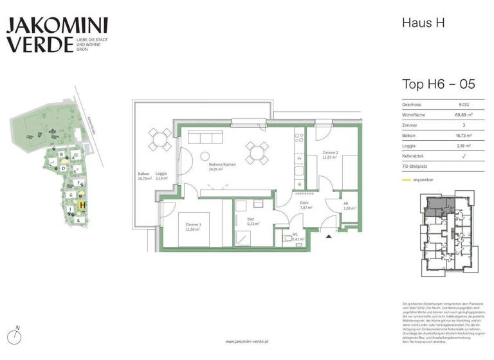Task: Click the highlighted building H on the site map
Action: tap(82, 206)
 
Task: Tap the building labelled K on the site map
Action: tap(78, 221)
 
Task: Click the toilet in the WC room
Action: tap(288, 239)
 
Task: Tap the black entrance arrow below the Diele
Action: tap(329, 236)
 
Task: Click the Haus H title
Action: tap(423, 23)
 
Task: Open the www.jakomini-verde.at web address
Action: tap(246, 342)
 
